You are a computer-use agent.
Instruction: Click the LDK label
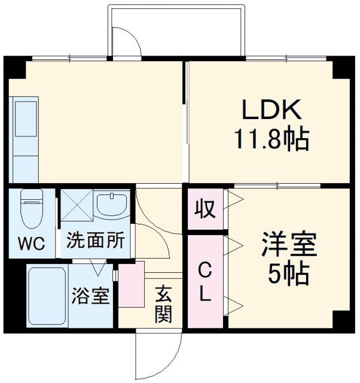coord(273,111)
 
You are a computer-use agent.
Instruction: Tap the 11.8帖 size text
coord(271,141)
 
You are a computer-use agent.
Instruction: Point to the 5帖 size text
coord(289,273)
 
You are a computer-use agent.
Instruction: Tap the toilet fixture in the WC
coord(31,206)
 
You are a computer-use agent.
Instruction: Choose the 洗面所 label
coord(96,241)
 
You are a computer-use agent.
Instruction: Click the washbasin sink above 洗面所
coord(112,205)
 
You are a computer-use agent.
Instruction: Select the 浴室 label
coord(91,296)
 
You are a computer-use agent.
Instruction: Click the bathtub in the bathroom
coord(47,296)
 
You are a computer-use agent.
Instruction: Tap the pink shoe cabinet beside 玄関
coord(132,284)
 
